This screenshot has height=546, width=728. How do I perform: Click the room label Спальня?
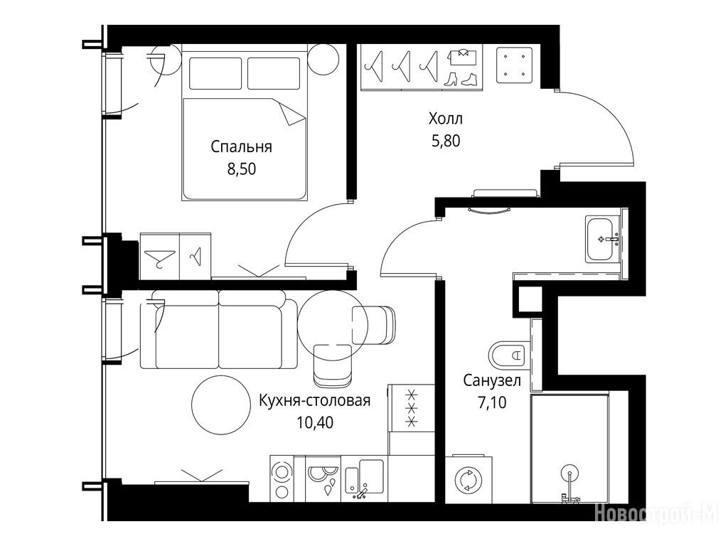pos(241,147)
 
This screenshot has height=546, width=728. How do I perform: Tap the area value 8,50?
pos(242,169)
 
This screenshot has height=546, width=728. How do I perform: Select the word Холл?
pos(446,119)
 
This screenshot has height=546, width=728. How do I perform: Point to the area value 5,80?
pos(446,141)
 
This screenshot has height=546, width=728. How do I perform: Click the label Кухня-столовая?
pos(314,400)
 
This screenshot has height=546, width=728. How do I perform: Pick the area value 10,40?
pos(315,422)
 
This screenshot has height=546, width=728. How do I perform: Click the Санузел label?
pos(492,381)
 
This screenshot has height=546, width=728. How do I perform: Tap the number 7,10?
pos(492,402)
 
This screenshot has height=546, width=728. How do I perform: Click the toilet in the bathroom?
pos(509,355)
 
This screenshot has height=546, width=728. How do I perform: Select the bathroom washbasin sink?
pos(602,240)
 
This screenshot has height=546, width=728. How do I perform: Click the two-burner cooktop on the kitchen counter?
pos(282,479)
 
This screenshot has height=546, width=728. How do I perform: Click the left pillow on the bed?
pos(215,73)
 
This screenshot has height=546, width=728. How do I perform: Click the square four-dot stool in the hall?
pos(515,65)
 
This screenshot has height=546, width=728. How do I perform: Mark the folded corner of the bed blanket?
pos(292,114)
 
